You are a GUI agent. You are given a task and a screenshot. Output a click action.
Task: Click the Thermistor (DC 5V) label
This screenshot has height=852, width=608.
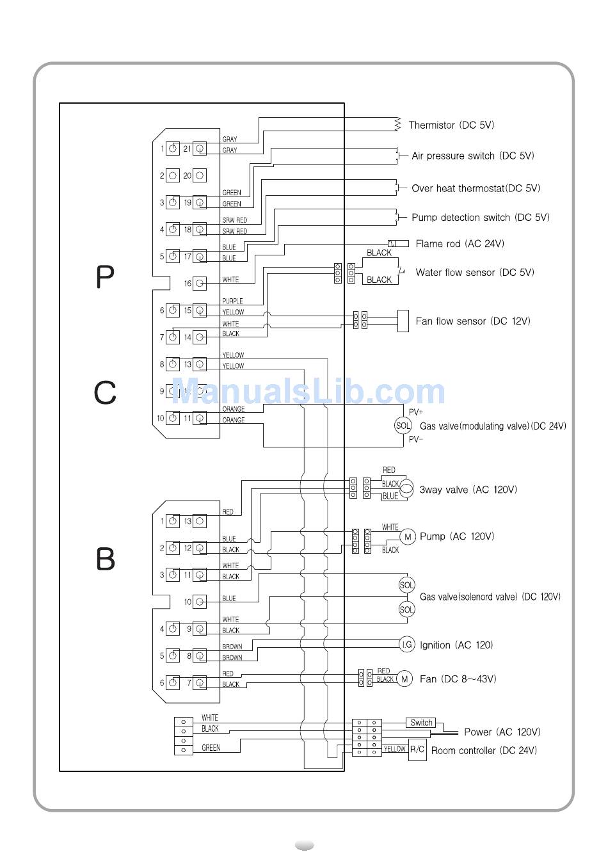coord(451,125)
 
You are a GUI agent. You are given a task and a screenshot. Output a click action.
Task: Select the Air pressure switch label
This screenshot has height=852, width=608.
coord(472,156)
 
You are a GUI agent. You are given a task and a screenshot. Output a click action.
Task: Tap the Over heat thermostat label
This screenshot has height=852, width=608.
coord(476,189)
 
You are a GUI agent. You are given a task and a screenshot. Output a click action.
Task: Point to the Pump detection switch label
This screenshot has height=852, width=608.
coord(480,218)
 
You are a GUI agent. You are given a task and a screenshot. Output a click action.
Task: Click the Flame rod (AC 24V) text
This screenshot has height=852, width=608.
coord(460,244)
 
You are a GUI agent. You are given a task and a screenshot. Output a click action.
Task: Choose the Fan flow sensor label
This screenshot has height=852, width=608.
coord(472,321)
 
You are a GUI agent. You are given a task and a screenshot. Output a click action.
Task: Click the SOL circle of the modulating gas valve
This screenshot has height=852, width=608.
coord(403,426)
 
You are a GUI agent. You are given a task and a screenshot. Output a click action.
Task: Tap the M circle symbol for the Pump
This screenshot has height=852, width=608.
coord(407,537)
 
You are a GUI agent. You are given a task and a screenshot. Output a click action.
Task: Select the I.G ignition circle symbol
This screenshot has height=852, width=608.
coord(406,645)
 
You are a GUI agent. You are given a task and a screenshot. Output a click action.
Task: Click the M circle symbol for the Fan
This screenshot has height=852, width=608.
coord(404,679)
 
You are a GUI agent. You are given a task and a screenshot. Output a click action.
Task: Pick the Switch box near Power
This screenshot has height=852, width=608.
coord(421,723)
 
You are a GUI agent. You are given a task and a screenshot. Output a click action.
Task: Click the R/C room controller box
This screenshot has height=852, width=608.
coord(417,750)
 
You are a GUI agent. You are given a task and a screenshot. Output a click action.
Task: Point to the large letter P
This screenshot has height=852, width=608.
coord(105,277)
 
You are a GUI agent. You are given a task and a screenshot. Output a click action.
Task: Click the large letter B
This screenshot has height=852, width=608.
coord(106,559)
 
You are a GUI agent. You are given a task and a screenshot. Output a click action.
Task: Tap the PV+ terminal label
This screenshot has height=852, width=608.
coord(416,412)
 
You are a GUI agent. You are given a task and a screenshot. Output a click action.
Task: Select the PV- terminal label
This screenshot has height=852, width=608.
coord(416,440)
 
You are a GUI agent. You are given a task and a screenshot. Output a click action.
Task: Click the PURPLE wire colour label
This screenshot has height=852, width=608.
coord(232,301)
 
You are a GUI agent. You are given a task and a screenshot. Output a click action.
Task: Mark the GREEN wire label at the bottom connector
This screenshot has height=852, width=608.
coord(211,748)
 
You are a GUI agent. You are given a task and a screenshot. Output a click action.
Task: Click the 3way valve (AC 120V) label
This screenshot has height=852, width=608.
coord(468,490)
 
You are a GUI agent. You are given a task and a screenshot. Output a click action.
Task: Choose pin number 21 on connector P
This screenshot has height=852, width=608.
coord(187,149)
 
